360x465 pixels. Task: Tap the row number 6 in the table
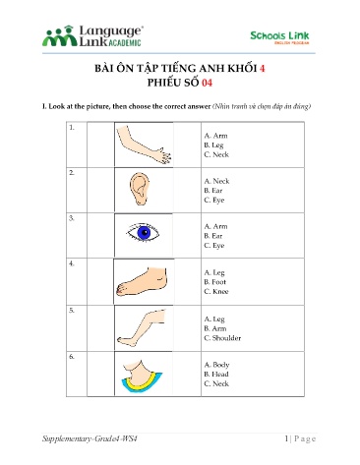coord(72,356)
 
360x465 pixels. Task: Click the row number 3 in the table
coord(72,217)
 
